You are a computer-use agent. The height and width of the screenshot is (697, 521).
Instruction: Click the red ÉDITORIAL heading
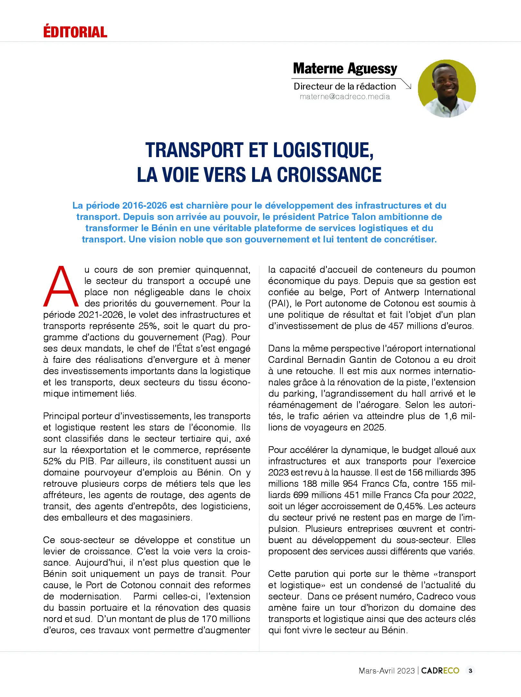point(75,32)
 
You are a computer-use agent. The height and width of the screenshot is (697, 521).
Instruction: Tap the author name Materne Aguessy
point(345,69)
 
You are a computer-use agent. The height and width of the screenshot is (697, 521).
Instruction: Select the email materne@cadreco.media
point(345,97)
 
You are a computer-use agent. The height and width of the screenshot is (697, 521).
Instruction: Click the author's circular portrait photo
point(447,88)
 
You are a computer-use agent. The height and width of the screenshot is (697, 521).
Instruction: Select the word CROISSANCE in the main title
point(329,175)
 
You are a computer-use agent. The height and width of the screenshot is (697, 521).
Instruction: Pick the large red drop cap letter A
point(61,286)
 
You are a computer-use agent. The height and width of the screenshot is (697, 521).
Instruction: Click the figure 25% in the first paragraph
point(149,326)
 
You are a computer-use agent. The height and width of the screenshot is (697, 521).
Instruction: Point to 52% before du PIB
point(52,461)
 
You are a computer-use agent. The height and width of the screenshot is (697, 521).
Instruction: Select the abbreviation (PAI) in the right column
point(279,303)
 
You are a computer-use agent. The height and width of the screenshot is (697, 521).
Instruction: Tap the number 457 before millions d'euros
point(396,326)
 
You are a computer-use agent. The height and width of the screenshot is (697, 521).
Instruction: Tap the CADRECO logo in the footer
point(440,671)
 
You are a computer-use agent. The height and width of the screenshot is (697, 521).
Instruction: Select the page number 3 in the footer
point(470,671)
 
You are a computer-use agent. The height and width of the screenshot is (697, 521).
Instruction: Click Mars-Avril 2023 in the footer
point(386,671)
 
